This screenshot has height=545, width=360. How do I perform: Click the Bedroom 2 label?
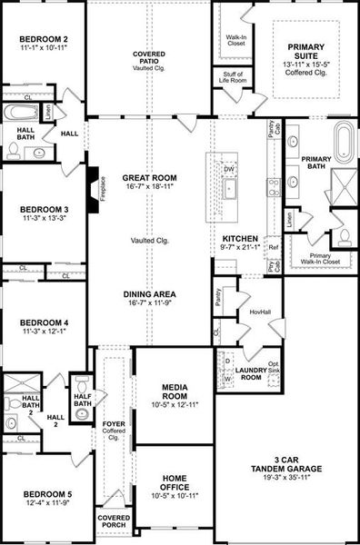(x=44, y=39)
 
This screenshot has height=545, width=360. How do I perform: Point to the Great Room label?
(x=150, y=178)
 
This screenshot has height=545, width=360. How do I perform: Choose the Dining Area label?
(x=150, y=294)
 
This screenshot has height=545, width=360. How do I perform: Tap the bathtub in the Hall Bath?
(x=19, y=114)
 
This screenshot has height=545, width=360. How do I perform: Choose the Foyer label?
(x=114, y=425)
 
